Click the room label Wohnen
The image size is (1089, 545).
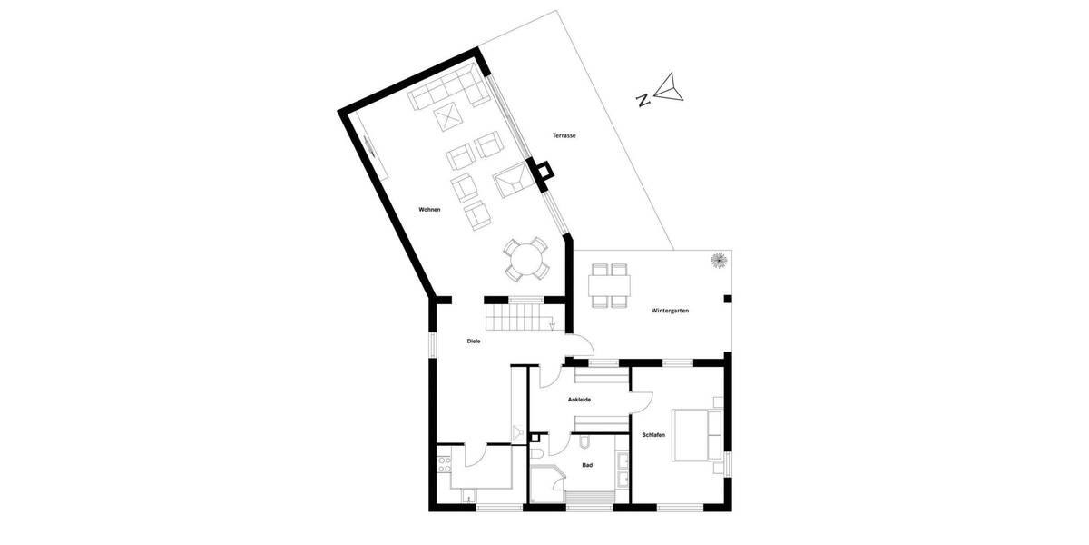pos(429,210)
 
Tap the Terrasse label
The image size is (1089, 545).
pos(564,135)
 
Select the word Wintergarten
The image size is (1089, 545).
pos(670,311)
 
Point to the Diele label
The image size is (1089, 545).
pos(473,341)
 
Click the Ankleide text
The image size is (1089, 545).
pos(580,399)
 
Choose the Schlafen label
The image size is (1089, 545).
pos(653,435)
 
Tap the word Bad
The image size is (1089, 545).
pos(587,465)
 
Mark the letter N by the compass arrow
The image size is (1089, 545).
pos(643,101)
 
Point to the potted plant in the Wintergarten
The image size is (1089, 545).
pos(719,260)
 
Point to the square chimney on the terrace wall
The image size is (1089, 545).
pos(544,171)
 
